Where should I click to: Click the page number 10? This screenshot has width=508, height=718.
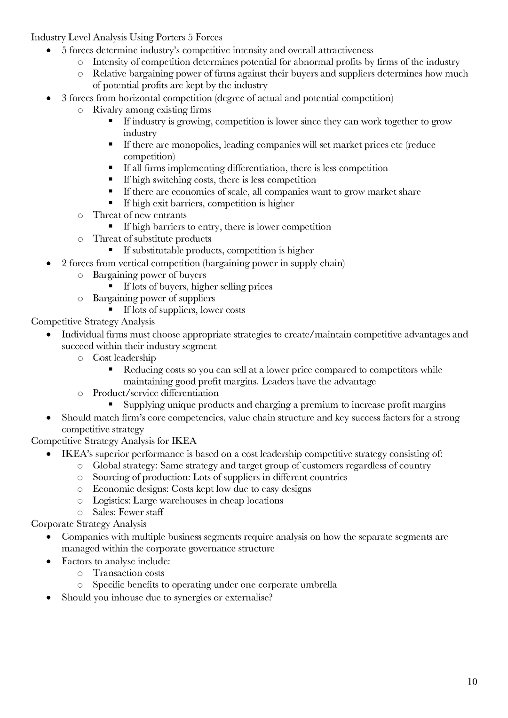tap(472, 682)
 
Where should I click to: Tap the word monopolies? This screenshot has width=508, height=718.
tap(194, 145)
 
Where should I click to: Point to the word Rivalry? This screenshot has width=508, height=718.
tap(107, 110)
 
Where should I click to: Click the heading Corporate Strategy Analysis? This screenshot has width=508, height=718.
tap(88, 524)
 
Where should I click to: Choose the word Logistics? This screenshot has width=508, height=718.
tap(111, 501)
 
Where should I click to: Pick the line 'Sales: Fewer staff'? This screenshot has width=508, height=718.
tap(128, 512)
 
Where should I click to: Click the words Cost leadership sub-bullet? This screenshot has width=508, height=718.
tap(124, 358)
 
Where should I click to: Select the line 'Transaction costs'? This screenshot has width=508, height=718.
tap(128, 573)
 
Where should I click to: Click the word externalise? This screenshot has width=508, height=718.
tap(247, 598)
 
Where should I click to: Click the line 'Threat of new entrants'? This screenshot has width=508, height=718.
tap(140, 215)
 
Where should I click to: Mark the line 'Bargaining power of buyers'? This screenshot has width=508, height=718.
tap(149, 275)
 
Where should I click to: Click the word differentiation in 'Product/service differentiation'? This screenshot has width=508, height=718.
tap(190, 393)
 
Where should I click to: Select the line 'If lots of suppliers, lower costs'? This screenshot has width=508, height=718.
tap(184, 310)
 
